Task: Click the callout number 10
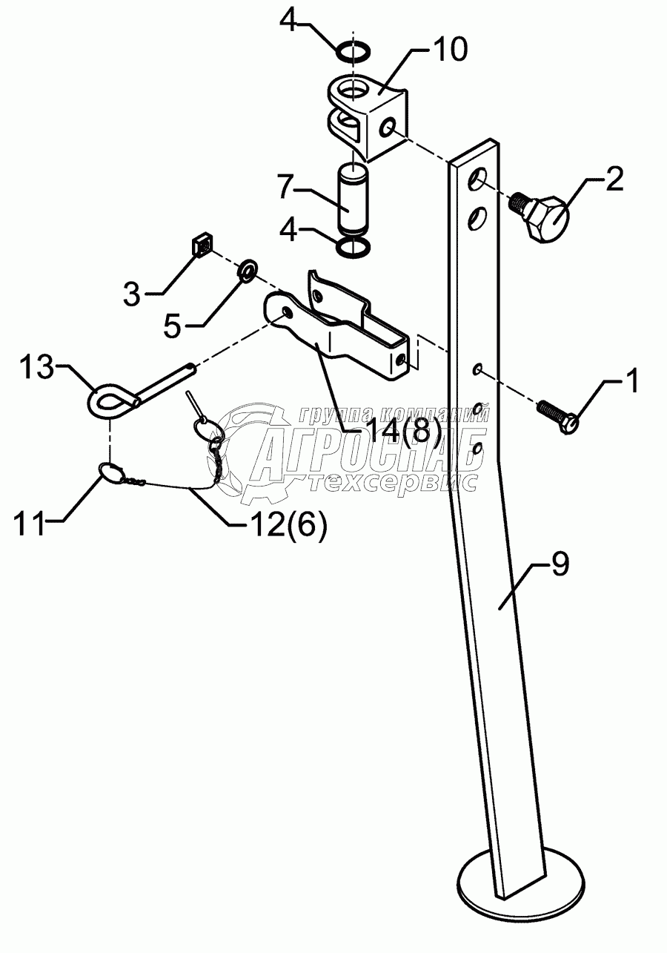(x=451, y=50)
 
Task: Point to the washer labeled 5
(x=247, y=270)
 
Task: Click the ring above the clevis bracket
(x=353, y=52)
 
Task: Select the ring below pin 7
(x=354, y=248)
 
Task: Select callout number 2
(x=614, y=180)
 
